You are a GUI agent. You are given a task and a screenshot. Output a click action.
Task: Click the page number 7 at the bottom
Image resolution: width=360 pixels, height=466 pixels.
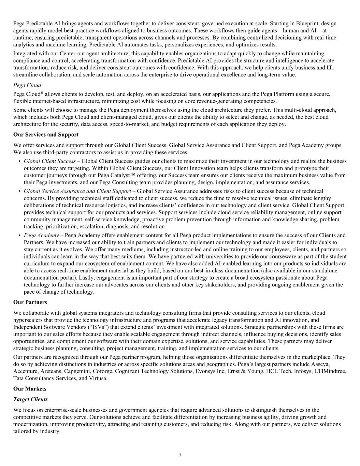[180, 455]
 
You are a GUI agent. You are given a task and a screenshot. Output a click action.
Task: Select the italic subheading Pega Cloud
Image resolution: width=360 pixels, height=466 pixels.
[27, 85]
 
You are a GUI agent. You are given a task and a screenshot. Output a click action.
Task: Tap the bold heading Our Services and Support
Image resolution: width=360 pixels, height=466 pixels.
[46, 135]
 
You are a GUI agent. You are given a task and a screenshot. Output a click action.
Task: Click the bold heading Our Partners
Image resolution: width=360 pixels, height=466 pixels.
[30, 302]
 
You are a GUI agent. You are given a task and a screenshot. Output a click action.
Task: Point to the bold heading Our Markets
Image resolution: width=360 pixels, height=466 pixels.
[30, 389]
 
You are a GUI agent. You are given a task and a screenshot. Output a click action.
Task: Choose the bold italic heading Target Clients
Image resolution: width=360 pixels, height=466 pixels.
[30, 399]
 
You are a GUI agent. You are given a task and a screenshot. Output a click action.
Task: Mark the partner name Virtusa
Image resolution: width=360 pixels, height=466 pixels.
[98, 378]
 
